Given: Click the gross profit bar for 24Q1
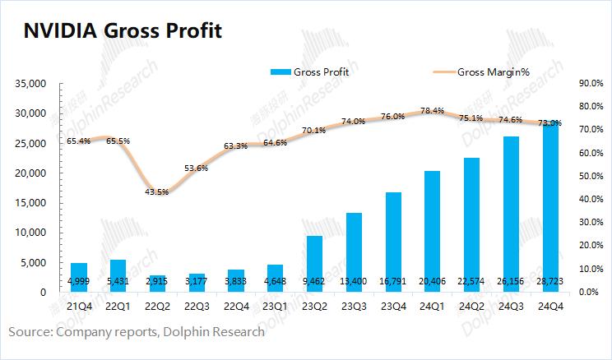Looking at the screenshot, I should click(432, 231).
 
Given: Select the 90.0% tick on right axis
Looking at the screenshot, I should click(592, 84).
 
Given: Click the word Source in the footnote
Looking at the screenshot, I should click(30, 332).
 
